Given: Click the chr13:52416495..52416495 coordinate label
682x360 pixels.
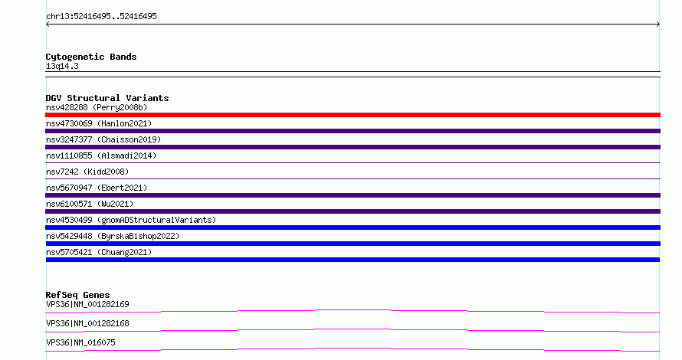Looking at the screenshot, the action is click(x=101, y=17).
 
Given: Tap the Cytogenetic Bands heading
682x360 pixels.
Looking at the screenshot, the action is click(x=91, y=57).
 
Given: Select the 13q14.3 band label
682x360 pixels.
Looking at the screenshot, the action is click(x=62, y=67).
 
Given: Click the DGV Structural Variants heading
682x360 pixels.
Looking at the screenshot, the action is click(x=107, y=98).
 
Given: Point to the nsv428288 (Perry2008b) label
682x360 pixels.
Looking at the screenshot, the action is click(x=97, y=107).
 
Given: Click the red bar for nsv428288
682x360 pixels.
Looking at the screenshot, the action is click(x=352, y=115).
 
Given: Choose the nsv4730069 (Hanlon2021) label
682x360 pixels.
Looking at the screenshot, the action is click(x=99, y=123).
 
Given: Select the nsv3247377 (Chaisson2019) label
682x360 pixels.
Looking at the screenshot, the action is click(x=103, y=139).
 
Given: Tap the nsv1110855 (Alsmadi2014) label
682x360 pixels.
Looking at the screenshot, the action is click(x=101, y=155).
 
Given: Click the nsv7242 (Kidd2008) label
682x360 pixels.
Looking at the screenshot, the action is click(x=87, y=172).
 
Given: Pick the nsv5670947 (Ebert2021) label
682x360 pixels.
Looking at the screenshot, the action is click(x=97, y=188).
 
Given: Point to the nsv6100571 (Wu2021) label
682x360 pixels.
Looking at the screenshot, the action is click(x=90, y=204).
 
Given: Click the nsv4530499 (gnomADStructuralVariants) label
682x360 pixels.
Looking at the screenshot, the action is click(x=131, y=220).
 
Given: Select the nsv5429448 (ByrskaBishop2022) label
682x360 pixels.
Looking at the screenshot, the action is click(x=113, y=236).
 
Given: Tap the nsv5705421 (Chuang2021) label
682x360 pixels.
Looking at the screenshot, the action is click(x=99, y=252).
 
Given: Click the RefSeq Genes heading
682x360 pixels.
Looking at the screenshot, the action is click(x=77, y=295).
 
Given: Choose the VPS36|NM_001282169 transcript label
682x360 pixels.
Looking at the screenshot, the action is click(x=87, y=304).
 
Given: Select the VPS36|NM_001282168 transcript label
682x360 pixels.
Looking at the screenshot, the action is click(x=87, y=323).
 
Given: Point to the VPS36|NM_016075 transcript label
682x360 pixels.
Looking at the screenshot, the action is click(x=80, y=342).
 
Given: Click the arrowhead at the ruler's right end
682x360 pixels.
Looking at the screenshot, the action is click(x=659, y=25).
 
